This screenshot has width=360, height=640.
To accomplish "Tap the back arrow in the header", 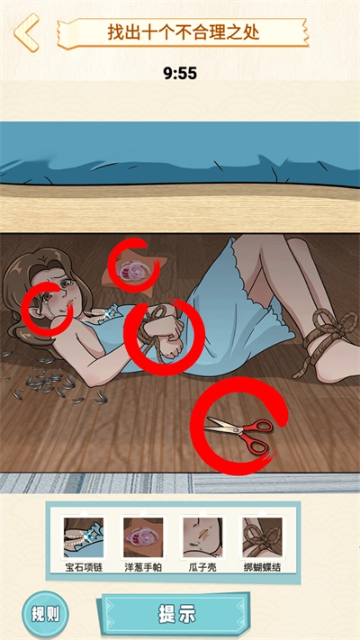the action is click(26, 32).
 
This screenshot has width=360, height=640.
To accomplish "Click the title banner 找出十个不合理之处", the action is click(184, 32).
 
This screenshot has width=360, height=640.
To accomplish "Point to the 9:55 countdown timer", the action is click(180, 74).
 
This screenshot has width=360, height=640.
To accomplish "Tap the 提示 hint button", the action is click(176, 614).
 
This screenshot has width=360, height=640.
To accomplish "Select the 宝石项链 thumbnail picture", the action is click(84, 537).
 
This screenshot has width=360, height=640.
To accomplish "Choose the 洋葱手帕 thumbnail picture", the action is click(143, 537).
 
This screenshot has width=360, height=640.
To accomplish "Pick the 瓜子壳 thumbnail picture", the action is click(202, 537).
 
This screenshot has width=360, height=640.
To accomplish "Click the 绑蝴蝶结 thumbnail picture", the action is click(263, 537).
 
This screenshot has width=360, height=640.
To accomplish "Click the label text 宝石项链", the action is click(84, 568).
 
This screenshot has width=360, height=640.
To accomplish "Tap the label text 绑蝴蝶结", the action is click(263, 568).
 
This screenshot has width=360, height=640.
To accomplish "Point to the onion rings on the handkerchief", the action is click(133, 271).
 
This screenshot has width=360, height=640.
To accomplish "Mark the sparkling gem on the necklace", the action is click(108, 313).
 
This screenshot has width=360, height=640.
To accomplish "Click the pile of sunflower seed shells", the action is click(53, 382).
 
